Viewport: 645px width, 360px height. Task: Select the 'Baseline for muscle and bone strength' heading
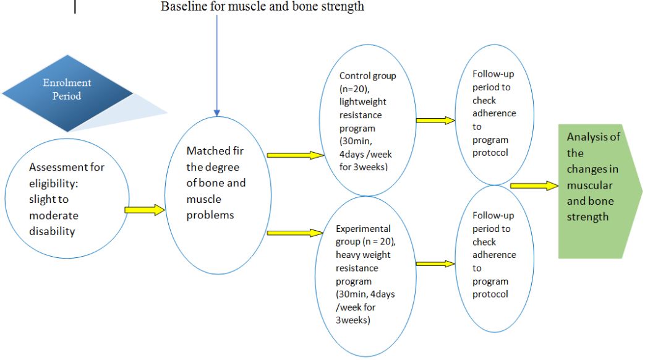point(262,7)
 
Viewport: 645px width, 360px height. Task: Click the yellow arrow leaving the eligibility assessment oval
point(144,210)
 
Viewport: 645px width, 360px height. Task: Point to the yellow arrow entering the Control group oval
point(295,155)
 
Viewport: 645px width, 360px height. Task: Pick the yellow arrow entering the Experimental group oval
point(295,233)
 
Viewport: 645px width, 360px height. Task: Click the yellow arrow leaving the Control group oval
point(435,120)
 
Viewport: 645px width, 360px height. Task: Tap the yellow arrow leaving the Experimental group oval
point(435,264)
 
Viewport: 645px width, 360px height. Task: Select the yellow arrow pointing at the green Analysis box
point(534,186)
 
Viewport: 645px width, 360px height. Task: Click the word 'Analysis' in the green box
point(593,137)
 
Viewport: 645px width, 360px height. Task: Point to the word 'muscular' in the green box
point(589,185)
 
